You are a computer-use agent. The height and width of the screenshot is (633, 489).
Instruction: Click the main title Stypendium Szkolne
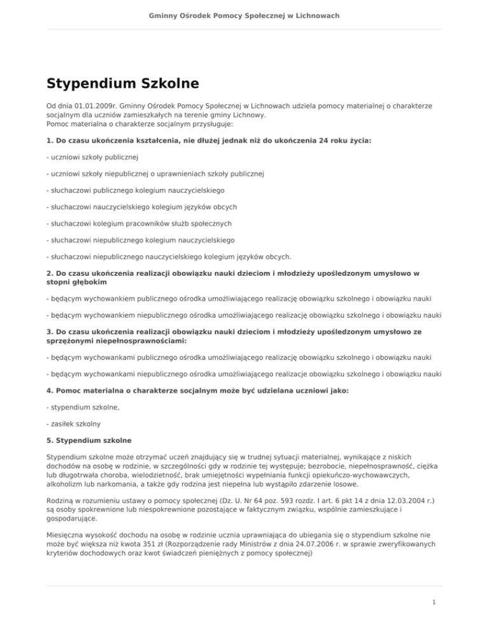[x=123, y=83]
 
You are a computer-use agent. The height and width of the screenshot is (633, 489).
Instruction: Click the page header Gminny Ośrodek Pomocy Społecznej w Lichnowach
[x=244, y=15]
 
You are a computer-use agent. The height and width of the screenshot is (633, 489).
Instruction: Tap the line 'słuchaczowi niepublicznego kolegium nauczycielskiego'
[x=141, y=241]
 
